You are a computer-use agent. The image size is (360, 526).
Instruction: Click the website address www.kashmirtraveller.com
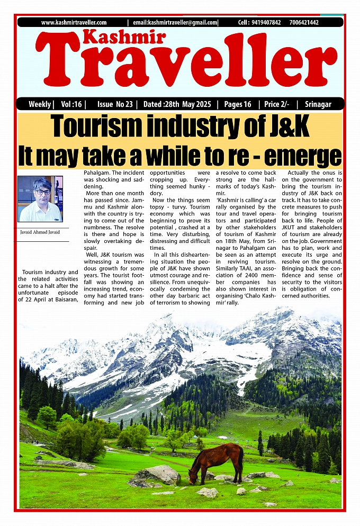[x=74, y=22]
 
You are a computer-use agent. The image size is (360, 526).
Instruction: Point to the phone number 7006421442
[x=304, y=22]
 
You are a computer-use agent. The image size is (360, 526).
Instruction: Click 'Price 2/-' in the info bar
[x=277, y=104]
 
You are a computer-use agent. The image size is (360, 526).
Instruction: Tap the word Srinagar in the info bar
[x=318, y=104]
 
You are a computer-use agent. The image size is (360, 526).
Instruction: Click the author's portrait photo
[x=40, y=199]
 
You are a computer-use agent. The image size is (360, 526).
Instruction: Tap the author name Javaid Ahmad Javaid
[x=40, y=232]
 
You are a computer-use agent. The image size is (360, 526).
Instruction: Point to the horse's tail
[x=241, y=460]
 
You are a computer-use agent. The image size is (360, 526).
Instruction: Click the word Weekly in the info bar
[x=40, y=104]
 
